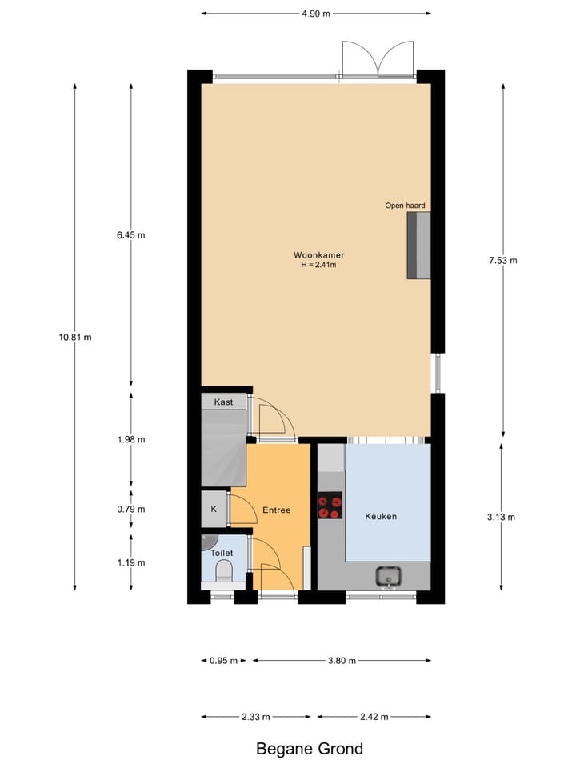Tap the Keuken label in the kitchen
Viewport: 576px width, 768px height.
point(381,516)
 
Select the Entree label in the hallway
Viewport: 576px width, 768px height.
point(277,510)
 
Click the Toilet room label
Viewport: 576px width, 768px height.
point(221,553)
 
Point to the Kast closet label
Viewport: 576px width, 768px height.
point(223,402)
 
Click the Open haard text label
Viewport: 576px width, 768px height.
point(405,206)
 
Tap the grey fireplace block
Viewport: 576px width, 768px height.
point(418,246)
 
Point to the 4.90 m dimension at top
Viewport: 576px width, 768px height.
point(315,14)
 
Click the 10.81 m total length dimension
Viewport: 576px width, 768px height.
point(75,337)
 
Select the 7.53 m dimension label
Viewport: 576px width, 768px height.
point(502,260)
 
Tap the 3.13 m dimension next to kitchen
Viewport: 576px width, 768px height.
point(501,517)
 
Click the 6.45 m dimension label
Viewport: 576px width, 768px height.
point(131,235)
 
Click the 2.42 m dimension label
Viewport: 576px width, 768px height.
point(374,717)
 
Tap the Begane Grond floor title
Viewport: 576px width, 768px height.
point(309,749)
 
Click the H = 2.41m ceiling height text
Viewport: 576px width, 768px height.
point(318,266)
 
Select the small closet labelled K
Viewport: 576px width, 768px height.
point(214,509)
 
